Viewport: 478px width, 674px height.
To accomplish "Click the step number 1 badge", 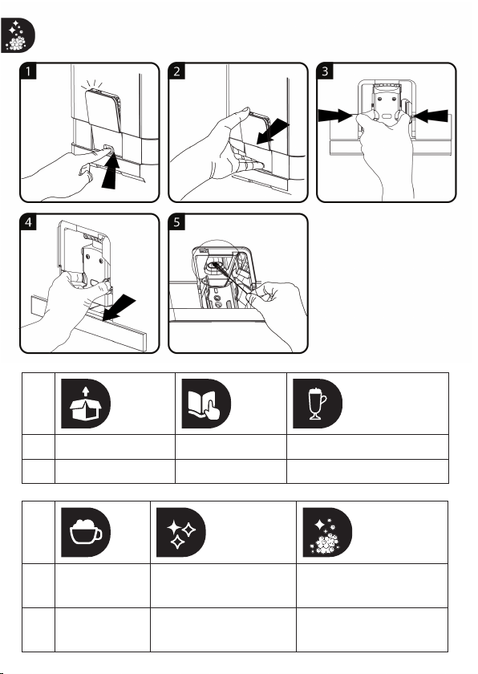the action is coord(28,71).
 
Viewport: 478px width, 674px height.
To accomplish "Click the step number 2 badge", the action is coord(176,71).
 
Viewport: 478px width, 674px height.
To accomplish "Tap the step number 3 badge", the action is coord(325,71).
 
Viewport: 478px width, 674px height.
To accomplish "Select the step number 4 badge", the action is coord(28,221).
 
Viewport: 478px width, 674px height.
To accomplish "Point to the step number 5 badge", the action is coord(176,221).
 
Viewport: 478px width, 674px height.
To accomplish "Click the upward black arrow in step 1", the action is coord(110,171).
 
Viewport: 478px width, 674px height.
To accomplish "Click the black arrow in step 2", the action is coord(273,132).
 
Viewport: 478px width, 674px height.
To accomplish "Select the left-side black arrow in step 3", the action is coord(335,116).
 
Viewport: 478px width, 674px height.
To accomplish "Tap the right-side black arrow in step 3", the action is coord(431,116).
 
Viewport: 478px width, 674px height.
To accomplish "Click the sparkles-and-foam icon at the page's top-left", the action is coord(18,35).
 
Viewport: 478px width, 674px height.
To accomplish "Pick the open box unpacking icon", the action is coord(86,404).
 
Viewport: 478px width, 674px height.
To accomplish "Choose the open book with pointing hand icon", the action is coord(206,404).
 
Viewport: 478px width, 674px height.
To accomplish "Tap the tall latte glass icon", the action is coord(318,404).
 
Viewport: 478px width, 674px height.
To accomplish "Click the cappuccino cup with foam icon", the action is coord(86,533).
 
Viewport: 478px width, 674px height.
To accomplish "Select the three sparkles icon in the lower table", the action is coord(180,533).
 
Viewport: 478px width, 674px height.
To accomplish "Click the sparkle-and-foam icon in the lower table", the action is coord(327,533).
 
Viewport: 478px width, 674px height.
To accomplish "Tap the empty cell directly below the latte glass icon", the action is coord(367,447).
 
